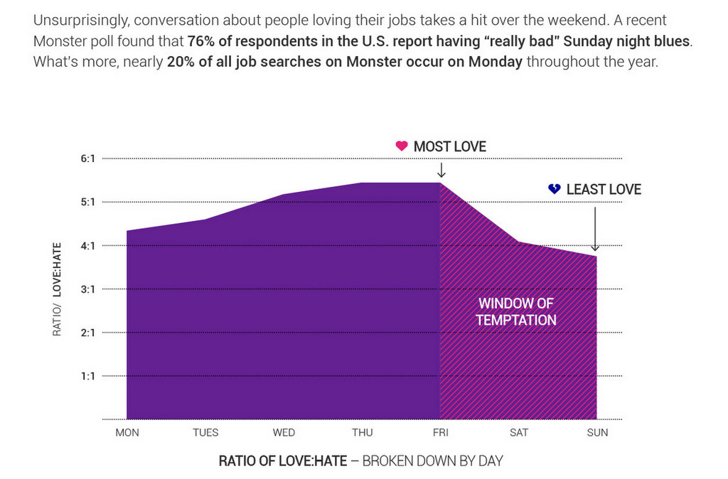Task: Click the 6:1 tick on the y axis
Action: tap(88, 158)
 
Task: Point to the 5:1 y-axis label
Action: tap(88, 202)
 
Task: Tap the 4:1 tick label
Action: tap(88, 246)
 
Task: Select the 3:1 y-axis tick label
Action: tap(88, 289)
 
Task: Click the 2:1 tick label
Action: tap(88, 333)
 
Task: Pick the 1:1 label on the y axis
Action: tap(88, 376)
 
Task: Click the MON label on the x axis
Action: tap(127, 433)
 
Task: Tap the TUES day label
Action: tap(205, 433)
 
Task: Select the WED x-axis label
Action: tap(284, 433)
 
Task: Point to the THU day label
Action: tap(362, 433)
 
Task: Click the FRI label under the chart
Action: tap(441, 433)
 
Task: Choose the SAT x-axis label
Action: tap(519, 433)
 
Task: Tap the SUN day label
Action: tap(598, 433)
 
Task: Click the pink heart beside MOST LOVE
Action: tap(402, 146)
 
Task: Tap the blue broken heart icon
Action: tap(555, 189)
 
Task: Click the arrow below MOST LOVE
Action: tap(441, 171)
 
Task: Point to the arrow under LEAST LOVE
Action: tap(595, 227)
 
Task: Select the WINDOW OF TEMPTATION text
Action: tap(516, 312)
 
